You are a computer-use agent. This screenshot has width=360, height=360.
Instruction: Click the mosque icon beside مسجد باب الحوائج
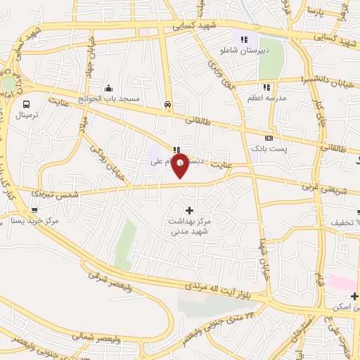109,89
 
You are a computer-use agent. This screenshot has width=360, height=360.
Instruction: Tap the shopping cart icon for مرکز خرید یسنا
34,210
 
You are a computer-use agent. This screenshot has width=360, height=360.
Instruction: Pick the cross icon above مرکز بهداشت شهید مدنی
188,210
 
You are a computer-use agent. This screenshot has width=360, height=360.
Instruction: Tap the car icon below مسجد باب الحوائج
167,104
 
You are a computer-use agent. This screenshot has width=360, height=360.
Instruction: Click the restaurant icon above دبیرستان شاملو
244,40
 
